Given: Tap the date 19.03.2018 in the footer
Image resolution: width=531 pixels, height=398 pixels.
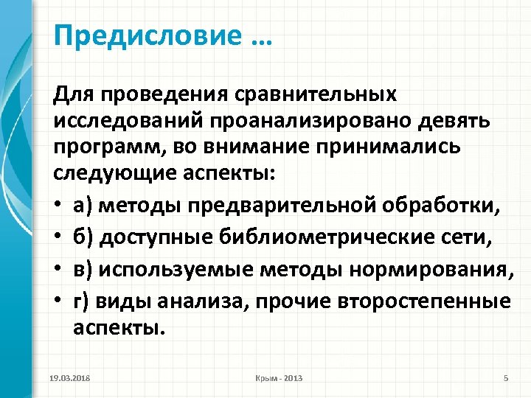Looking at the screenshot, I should pyautogui.click(x=70, y=378).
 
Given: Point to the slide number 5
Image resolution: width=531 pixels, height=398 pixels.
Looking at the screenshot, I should pyautogui.click(x=505, y=378).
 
